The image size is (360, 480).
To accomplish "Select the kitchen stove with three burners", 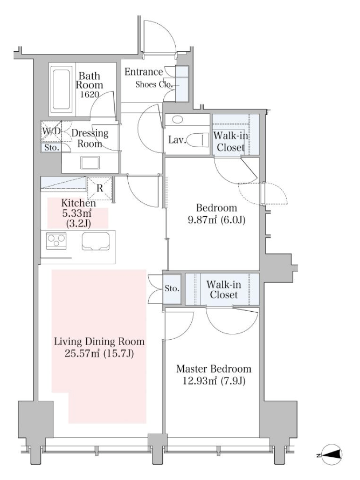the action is coord(56,239).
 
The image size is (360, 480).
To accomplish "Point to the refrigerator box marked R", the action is coord(99,188).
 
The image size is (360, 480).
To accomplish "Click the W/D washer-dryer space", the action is coord(51,132).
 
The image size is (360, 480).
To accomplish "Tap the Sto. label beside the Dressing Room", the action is coord(52,148).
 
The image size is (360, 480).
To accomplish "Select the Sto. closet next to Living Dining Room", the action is coord(171,289).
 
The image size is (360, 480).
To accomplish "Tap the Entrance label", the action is coord(143,72).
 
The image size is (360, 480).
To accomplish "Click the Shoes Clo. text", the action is coord(154,85).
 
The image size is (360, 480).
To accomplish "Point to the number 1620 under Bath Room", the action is coord(89,94).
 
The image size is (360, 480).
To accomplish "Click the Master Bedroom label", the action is coord(214,368).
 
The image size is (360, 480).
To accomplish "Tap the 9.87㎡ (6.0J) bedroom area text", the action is coord(217,220).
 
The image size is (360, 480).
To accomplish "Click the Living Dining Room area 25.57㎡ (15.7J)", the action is coord(99,354).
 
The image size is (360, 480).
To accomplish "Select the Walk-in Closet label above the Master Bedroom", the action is coord(224,290).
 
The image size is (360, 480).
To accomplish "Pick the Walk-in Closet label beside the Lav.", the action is coord(231,141).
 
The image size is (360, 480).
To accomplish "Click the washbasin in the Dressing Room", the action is coord(90,162).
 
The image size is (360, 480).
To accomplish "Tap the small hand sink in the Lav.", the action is coord(177,119).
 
